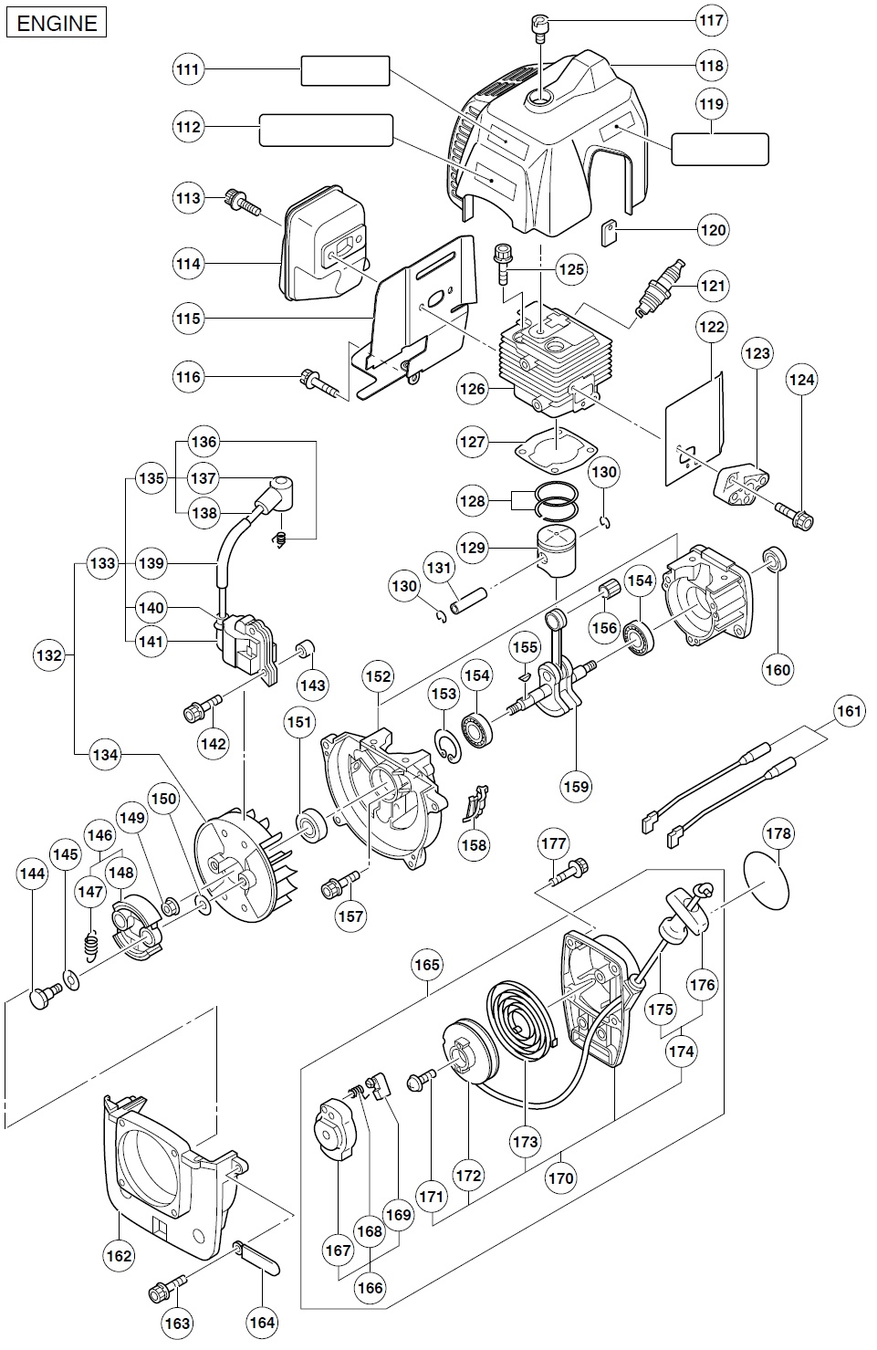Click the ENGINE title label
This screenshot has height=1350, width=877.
57,22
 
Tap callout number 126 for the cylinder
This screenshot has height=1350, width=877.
473,390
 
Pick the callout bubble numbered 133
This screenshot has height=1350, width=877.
102,563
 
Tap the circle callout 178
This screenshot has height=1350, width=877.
778,834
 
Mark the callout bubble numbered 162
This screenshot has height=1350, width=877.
120,1256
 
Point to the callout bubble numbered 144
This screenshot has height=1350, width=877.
32,874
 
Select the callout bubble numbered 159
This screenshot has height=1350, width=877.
577,784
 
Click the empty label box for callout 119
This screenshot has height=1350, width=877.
719,149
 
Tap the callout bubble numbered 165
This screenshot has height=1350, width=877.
427,965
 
